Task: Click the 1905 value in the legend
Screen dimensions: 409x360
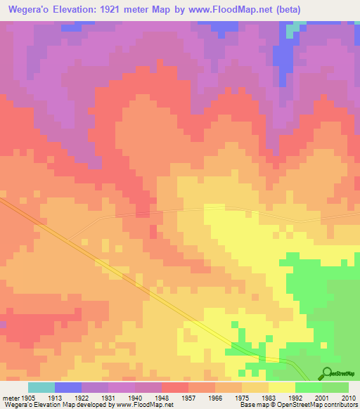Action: click(28, 397)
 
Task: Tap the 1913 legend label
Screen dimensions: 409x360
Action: click(54, 397)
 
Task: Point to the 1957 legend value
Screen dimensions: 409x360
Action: click(162, 397)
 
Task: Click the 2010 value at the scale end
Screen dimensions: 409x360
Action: click(349, 397)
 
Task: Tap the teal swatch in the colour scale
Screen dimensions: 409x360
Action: click(41, 387)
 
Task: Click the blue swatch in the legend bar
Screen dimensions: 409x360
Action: click(67, 387)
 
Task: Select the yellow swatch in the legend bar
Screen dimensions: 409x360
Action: click(281, 387)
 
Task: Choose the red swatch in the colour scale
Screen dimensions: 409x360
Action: click(174, 387)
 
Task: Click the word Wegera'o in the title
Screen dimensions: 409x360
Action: click(30, 9)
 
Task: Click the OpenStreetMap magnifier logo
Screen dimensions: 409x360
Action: click(327, 373)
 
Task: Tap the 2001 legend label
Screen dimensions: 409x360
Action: click(323, 397)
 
